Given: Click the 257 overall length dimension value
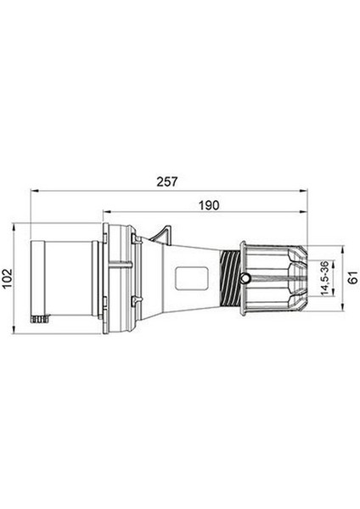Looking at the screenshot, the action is [x=167, y=182].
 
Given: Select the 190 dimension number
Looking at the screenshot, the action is [x=209, y=205].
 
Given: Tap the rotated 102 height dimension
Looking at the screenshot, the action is [x=7, y=278].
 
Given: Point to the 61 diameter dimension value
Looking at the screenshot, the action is [x=353, y=278].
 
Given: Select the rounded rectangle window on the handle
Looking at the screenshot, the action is [x=191, y=278].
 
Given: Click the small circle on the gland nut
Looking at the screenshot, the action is [x=245, y=278].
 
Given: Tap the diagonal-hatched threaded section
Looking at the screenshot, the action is [x=230, y=278].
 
